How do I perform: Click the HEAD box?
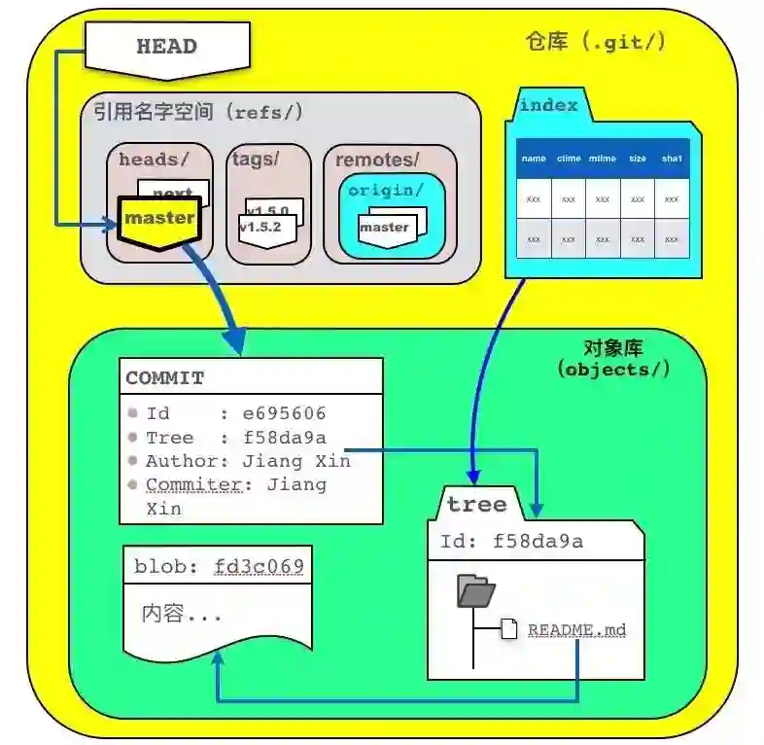pos(166,46)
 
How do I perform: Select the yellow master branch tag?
pos(159,218)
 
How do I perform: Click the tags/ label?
pos(255,159)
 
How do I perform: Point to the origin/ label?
pos(386,190)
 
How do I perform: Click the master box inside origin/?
pos(384,228)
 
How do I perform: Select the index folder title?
pos(549,105)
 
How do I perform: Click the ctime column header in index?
pos(569,159)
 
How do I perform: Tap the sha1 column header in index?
pos(672,159)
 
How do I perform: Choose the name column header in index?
pos(534,159)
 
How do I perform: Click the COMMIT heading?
pos(165,378)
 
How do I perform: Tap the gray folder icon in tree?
pos(476,591)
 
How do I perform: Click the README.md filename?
pos(576,630)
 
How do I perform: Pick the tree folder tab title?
pos(476,504)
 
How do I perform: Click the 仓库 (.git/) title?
pos(596,42)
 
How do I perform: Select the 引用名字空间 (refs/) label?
pos(198,112)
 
